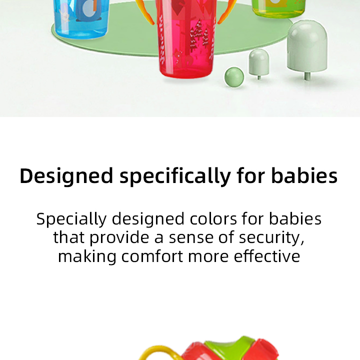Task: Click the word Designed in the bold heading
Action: (x=66, y=176)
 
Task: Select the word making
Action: (x=87, y=256)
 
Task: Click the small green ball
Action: (x=234, y=76)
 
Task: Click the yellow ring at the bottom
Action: (x=150, y=352)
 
